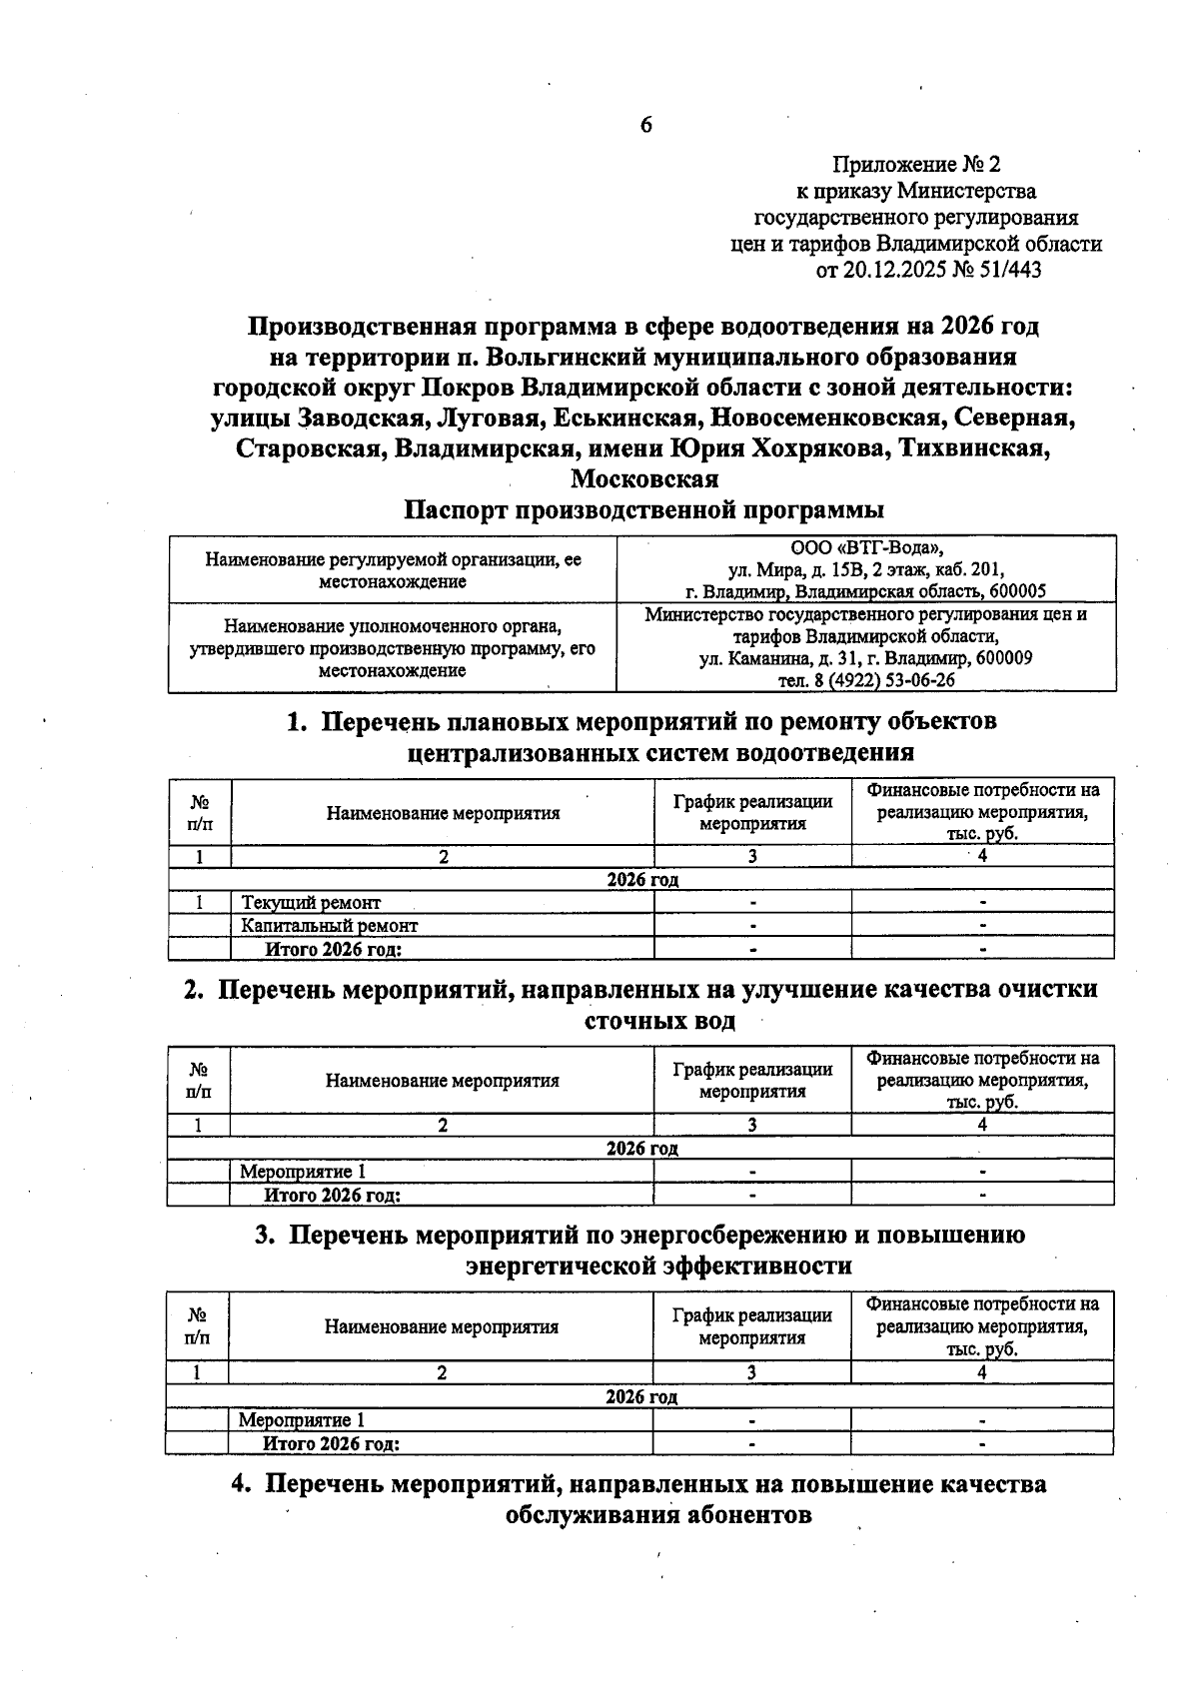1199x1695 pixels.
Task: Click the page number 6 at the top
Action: point(645,125)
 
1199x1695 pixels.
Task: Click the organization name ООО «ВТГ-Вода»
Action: point(866,548)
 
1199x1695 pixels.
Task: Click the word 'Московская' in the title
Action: point(644,478)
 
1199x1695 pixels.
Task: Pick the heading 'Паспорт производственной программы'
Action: point(643,510)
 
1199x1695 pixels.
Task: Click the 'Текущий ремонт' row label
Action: point(311,903)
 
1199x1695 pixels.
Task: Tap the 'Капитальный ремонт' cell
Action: point(329,926)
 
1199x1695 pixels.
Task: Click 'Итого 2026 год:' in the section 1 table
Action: point(333,949)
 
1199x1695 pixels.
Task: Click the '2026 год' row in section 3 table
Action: point(641,1396)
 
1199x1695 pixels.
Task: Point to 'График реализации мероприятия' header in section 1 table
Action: point(752,812)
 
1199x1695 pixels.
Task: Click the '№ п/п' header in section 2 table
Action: point(199,1080)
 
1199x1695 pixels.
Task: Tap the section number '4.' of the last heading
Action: point(244,1483)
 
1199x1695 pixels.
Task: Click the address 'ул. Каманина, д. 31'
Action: point(783,658)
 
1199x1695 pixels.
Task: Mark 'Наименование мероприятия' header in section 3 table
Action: point(441,1327)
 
